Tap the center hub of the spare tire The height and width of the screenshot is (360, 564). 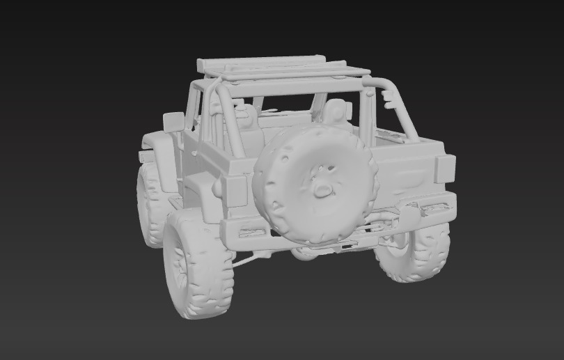tap(321, 187)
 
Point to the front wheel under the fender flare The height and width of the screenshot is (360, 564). tap(150, 205)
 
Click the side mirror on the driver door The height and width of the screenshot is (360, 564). tap(173, 122)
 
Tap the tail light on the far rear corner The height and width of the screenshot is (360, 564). tap(445, 169)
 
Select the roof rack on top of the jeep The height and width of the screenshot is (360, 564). tap(279, 68)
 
